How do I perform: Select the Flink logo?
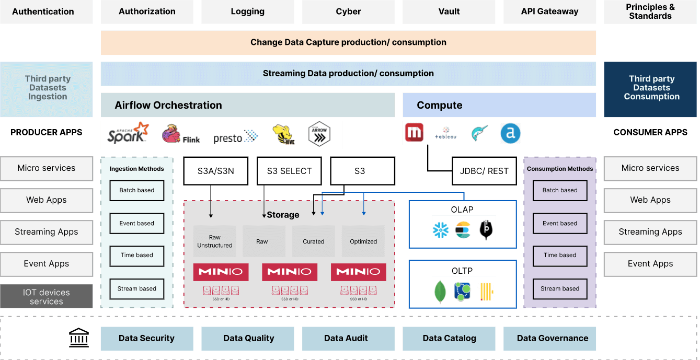[x=181, y=134]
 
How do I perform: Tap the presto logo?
[x=236, y=137]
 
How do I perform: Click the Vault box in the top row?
[x=449, y=11]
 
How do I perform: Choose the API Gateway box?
[x=549, y=11]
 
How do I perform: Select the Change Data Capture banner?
[x=348, y=42]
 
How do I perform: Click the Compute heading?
[x=439, y=105]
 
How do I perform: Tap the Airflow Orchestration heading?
[x=168, y=105]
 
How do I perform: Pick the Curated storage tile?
[x=314, y=241]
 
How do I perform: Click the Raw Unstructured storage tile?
[x=214, y=241]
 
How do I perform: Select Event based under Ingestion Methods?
[x=136, y=223]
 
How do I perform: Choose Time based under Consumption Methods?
[x=560, y=256]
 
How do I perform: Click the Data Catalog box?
[x=449, y=339]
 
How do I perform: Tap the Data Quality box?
[x=248, y=339]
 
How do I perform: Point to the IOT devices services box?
[x=47, y=297]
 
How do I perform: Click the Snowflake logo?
[x=441, y=230]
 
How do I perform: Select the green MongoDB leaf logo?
[x=440, y=292]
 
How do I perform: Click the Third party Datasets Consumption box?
[x=651, y=88]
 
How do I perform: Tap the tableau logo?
[x=445, y=134]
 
